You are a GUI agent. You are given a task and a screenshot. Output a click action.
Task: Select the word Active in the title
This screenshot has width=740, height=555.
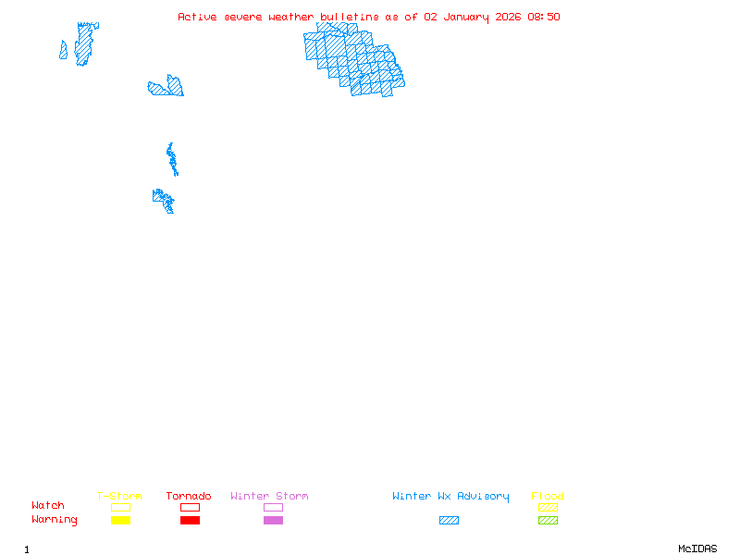click(x=198, y=17)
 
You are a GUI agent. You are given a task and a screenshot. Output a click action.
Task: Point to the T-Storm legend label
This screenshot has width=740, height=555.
click(x=119, y=497)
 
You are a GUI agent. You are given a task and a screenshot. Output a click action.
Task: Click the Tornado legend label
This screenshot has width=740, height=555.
click(x=189, y=497)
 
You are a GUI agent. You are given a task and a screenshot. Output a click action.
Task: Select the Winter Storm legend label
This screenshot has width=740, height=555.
click(x=269, y=497)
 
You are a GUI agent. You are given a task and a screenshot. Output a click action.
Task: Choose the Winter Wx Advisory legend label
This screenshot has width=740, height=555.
click(x=450, y=497)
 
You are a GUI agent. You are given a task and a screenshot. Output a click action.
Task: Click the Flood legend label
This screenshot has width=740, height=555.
click(x=548, y=497)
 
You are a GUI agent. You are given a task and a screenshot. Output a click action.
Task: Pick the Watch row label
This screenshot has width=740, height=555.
click(x=48, y=506)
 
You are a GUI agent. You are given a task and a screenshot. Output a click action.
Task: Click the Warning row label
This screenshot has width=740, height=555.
click(x=55, y=520)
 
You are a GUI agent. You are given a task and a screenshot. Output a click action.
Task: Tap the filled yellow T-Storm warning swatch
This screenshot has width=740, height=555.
click(x=120, y=521)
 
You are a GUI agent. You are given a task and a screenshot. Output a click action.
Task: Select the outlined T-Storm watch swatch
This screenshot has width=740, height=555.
click(x=120, y=507)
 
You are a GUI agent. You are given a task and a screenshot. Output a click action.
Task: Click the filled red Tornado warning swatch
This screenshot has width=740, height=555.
click(x=190, y=521)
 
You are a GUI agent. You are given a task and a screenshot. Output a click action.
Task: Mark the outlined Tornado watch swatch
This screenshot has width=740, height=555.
click(x=190, y=507)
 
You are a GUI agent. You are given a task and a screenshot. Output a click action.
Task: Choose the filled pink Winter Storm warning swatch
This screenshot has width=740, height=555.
click(x=273, y=521)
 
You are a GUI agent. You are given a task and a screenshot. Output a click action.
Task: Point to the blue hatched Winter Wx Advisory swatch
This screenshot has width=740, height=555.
click(x=449, y=521)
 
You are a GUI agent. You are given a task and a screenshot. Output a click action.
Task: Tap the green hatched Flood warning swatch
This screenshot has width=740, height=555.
click(x=548, y=521)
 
